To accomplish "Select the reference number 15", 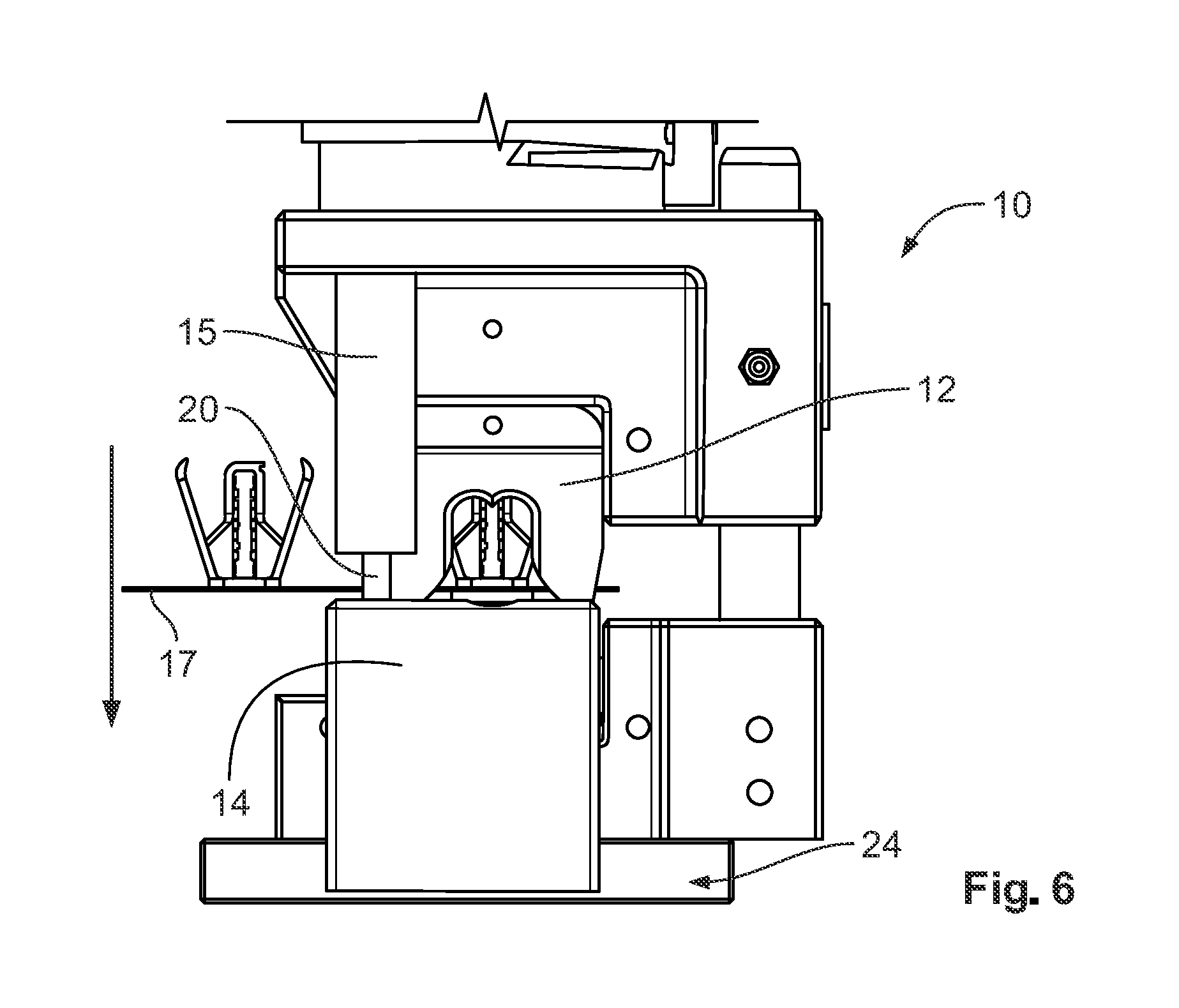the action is click(198, 333).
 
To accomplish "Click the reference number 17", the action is click(179, 663).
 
